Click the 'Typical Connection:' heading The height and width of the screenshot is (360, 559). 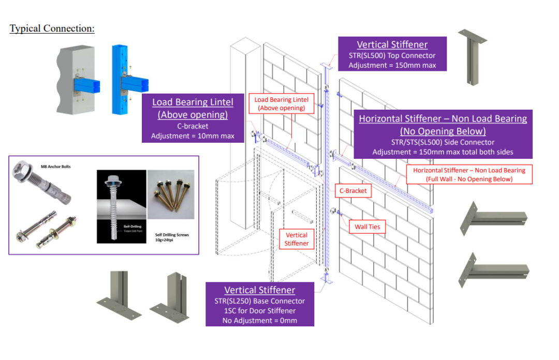click(x=52, y=28)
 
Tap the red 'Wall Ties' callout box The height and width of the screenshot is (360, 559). click(x=367, y=227)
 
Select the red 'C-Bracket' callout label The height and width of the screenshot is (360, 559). click(x=353, y=191)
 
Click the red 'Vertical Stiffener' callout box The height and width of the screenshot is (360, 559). click(x=297, y=239)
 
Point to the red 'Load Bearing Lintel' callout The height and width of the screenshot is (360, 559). click(x=281, y=103)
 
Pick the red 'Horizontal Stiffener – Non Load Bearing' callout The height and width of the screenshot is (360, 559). click(x=469, y=174)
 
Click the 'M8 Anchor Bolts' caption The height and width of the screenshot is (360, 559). click(x=55, y=167)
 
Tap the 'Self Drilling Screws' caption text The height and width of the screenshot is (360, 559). click(x=172, y=234)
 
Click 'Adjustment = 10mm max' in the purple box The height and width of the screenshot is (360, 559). click(x=193, y=136)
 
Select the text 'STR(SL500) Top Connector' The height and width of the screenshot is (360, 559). click(x=392, y=55)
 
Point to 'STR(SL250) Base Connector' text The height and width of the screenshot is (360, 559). click(x=260, y=301)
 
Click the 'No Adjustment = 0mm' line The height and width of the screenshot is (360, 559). click(x=260, y=321)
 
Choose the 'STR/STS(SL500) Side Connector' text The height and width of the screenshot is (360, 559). click(x=443, y=142)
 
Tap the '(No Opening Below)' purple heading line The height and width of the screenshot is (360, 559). click(x=443, y=131)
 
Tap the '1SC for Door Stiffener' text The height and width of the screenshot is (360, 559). click(x=260, y=311)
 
